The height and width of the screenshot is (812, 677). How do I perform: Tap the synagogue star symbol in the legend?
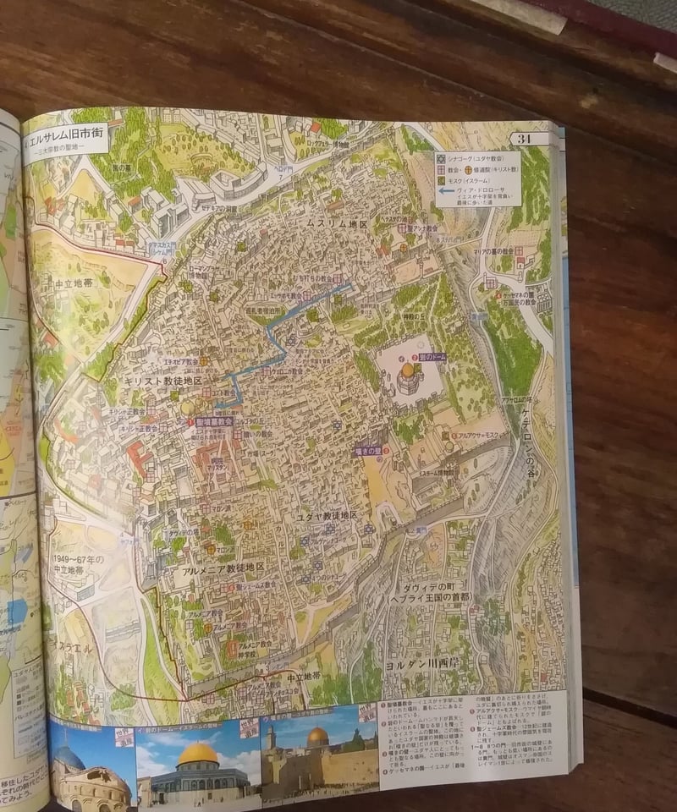[x=441, y=157]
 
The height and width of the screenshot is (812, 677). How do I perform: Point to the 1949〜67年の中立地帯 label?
[x=74, y=564]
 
